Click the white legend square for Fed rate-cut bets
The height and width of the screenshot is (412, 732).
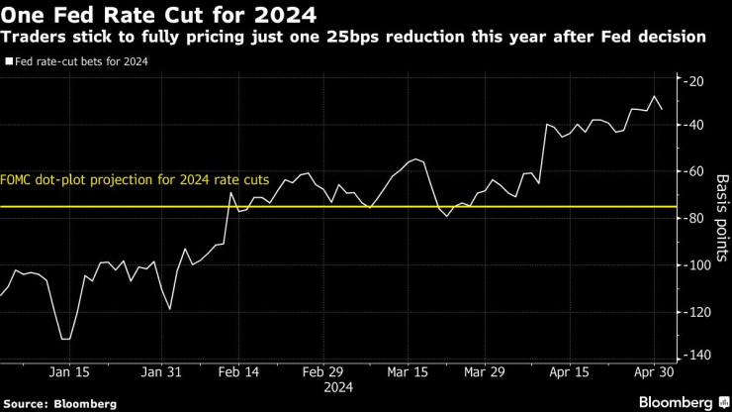[8, 61]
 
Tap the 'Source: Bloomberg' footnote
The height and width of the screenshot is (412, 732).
[60, 403]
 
